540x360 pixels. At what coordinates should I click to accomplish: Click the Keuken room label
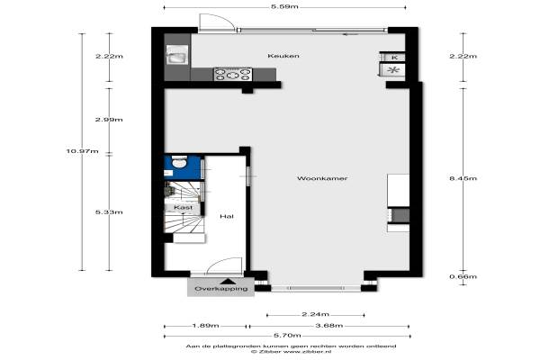(x=283, y=56)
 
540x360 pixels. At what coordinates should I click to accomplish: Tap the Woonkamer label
(x=322, y=178)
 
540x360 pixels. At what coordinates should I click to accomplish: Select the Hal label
(x=227, y=216)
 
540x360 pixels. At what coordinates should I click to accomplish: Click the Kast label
(x=184, y=207)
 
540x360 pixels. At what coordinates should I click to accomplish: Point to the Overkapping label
(x=221, y=289)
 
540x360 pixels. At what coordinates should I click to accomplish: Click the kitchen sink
(x=177, y=55)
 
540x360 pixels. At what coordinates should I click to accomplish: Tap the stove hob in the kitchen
(x=233, y=75)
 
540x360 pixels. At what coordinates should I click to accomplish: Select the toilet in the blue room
(x=179, y=162)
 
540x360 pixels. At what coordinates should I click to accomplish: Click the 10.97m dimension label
(x=82, y=151)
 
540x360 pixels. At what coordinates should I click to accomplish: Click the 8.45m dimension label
(x=463, y=178)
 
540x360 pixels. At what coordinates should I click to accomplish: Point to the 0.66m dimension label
(x=463, y=276)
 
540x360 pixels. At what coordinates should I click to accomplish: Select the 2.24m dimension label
(x=316, y=314)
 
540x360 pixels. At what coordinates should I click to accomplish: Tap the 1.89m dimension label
(x=205, y=326)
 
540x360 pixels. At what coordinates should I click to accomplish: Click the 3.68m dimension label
(x=329, y=326)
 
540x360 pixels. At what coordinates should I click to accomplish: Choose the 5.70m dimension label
(x=287, y=335)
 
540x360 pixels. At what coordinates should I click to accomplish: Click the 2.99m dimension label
(x=109, y=120)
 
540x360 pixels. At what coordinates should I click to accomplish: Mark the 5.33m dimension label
(x=109, y=212)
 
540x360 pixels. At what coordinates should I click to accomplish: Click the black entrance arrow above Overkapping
(x=228, y=281)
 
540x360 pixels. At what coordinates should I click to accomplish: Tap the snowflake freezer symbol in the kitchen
(x=393, y=70)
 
